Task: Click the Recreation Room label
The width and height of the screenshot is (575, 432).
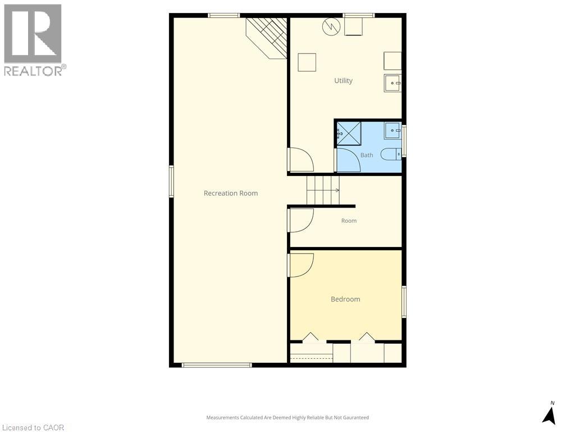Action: click(231, 193)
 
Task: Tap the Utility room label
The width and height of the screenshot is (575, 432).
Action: click(343, 80)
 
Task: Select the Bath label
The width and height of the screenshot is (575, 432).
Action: click(367, 155)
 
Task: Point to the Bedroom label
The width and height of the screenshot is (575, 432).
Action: click(345, 299)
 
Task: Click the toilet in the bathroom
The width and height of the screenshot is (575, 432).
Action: click(391, 154)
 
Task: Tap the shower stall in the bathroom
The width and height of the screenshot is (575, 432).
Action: click(349, 134)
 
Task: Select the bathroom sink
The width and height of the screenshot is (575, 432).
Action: click(393, 130)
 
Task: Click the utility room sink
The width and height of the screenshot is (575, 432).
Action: click(393, 83)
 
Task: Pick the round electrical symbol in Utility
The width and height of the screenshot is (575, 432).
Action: click(331, 27)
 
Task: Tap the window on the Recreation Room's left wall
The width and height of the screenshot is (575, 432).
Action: click(171, 181)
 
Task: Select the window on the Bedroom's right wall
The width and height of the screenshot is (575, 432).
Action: click(404, 301)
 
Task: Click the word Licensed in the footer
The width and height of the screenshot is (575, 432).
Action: click(16, 427)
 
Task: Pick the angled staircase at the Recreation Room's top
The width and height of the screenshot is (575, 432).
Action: click(267, 38)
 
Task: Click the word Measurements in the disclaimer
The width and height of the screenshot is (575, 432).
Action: click(223, 418)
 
